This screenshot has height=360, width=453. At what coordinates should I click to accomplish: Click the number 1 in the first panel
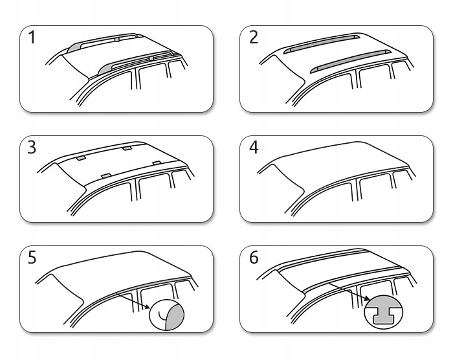[x=31, y=38]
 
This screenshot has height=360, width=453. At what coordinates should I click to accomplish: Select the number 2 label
[x=253, y=38]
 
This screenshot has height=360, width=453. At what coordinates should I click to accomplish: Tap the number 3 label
[x=31, y=148]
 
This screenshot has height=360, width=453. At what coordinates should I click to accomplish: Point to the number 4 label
[x=253, y=148]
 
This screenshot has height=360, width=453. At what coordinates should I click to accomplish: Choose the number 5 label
[x=31, y=258]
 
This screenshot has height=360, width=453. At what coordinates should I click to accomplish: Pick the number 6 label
[x=253, y=258]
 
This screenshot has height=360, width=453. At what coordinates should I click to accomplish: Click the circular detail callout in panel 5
[x=166, y=316]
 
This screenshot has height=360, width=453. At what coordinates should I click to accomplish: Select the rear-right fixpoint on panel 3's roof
[x=127, y=148]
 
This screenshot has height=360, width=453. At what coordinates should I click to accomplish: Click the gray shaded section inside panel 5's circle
[x=176, y=317]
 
